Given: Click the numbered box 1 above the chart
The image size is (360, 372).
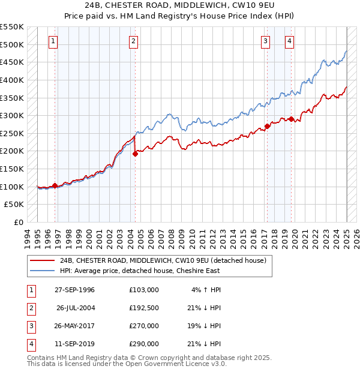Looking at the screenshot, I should pyautogui.click(x=53, y=41).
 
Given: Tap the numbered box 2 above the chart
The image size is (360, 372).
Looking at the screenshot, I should pyautogui.click(x=133, y=41).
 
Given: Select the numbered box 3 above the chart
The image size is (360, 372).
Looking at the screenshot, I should pyautogui.click(x=265, y=41).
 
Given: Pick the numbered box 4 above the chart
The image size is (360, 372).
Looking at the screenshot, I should pyautogui.click(x=289, y=41).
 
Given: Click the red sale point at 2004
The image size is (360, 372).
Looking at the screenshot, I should pyautogui.click(x=135, y=154).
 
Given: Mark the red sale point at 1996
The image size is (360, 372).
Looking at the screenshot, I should pyautogui.click(x=55, y=185).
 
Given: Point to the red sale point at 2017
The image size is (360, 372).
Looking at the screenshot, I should pyautogui.click(x=267, y=126).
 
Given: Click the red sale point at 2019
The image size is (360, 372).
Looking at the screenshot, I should pyautogui.click(x=291, y=119).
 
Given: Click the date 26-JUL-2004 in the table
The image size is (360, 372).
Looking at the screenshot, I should pyautogui.click(x=76, y=307).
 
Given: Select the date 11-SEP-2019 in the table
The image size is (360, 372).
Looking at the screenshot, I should pyautogui.click(x=76, y=344).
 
